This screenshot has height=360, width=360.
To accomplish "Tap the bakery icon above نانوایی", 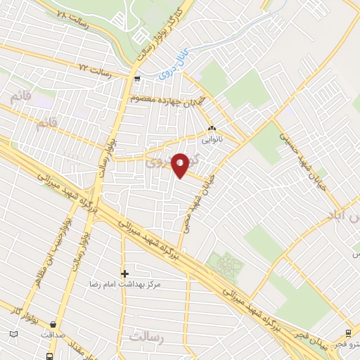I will point(212,129).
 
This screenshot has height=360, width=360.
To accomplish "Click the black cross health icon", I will point(125,274).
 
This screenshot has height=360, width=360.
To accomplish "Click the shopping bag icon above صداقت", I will point(53,324).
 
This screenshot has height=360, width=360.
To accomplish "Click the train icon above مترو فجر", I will point(349,333).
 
